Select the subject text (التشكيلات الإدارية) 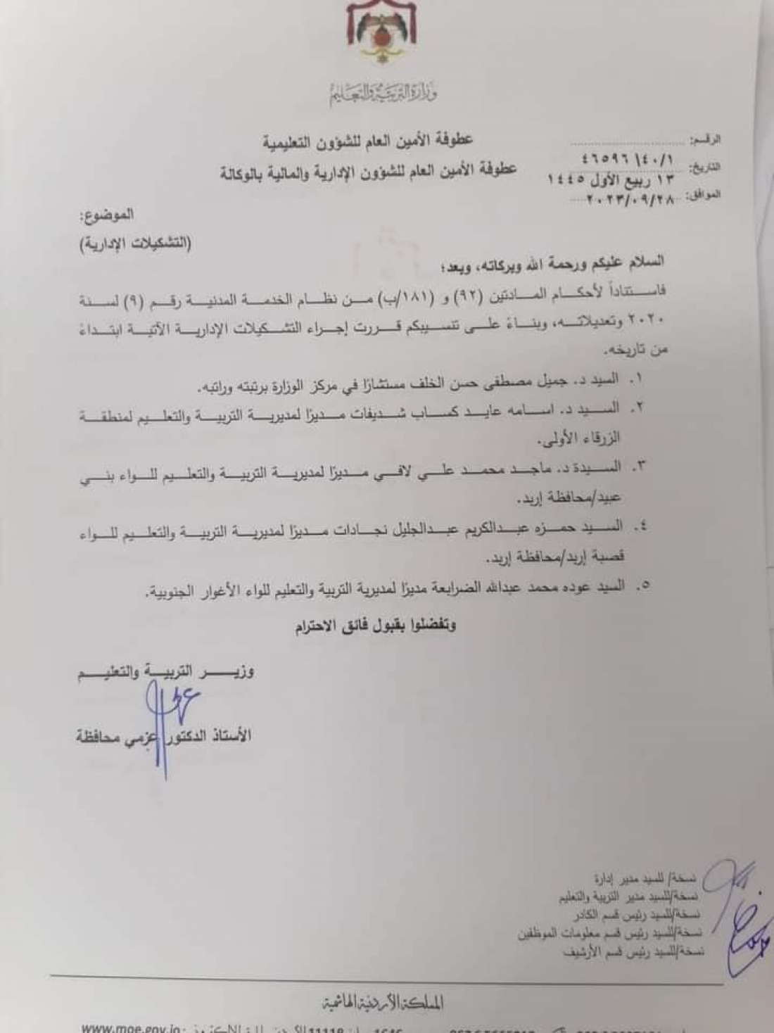tap(134, 245)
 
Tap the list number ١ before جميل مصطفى tap(637, 379)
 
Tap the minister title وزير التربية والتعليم tap(166, 671)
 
